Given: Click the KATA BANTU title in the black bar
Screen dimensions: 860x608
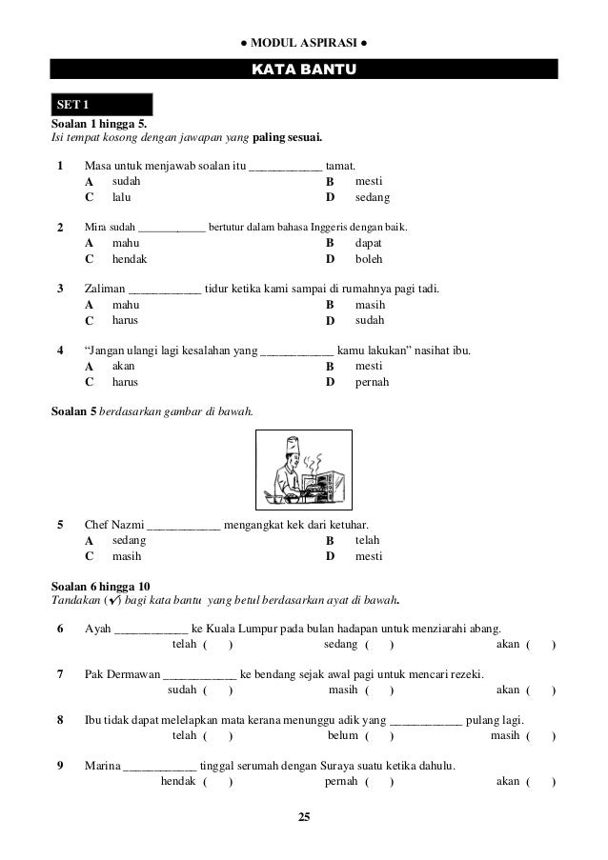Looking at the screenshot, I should click(303, 70).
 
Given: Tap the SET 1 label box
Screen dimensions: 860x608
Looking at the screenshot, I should click(101, 104).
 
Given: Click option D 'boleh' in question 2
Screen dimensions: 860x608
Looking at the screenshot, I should click(368, 258).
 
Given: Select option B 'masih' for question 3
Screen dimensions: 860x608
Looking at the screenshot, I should click(370, 305).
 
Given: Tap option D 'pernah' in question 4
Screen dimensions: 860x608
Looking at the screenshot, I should click(371, 382).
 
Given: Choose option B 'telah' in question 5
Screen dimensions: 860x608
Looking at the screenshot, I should click(367, 540).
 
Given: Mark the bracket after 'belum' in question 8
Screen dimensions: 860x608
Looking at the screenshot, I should click(378, 736).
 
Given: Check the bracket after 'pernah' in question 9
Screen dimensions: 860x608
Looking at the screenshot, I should click(378, 782).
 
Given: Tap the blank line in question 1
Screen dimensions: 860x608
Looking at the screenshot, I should click(285, 166).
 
